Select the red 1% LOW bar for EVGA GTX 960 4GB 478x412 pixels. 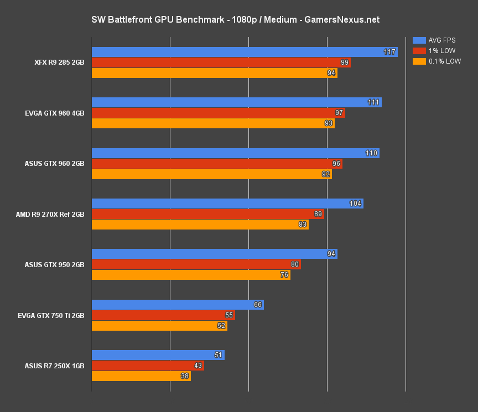point(216,113)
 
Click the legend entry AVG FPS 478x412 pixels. point(441,40)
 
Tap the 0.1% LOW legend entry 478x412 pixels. point(444,61)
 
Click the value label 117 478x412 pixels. point(389,52)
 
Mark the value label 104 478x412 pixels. point(355,204)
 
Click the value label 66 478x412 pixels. point(257,305)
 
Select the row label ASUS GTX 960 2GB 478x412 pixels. point(54,164)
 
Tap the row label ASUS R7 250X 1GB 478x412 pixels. point(54,366)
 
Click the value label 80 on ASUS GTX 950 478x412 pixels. point(295,264)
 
